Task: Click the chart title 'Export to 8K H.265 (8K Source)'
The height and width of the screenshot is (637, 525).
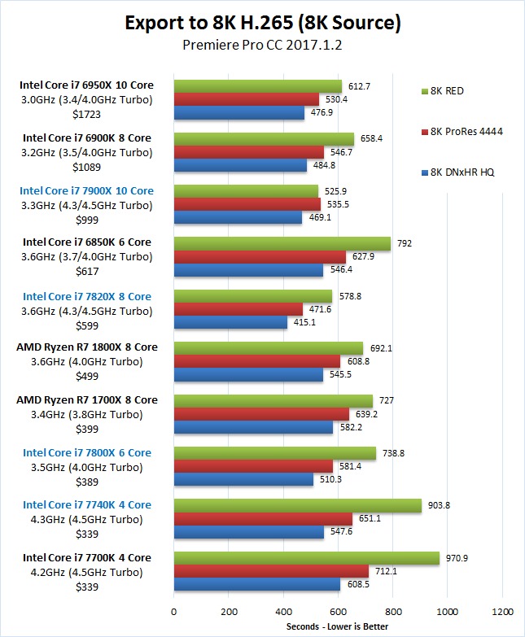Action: [262, 22]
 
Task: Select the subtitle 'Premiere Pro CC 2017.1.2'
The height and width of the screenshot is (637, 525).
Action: [262, 46]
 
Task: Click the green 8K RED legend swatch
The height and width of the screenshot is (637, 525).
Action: [427, 91]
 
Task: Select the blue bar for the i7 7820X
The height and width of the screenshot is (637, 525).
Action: [230, 324]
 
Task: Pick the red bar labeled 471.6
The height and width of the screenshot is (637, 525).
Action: [238, 310]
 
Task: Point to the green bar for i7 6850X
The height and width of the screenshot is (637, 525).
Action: [282, 243]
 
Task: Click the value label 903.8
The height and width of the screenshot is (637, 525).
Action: [439, 505]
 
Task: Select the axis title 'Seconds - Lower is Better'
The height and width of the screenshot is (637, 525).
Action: [337, 626]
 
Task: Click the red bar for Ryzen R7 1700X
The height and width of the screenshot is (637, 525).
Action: [261, 414]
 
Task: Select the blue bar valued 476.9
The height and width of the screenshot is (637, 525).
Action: [239, 113]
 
